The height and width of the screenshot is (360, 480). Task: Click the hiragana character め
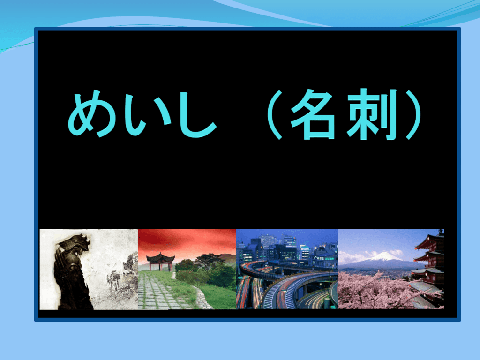[92, 113]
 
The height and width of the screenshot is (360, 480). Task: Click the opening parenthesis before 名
[274, 114]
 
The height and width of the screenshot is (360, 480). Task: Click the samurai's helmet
[75, 243]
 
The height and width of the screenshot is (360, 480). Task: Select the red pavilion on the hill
[160, 262]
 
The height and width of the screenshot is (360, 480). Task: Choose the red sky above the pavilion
[187, 242]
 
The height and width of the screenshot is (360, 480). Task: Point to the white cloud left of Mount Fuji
[352, 256]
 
